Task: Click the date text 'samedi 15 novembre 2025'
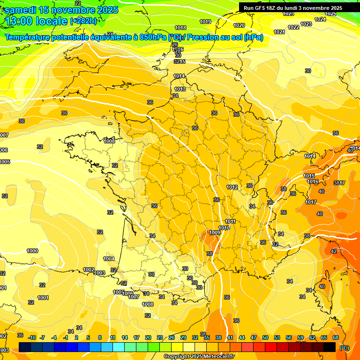pos(61,10)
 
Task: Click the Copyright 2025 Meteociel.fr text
pos(199,356)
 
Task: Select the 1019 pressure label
pos(205,22)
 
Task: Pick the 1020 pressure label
pos(239,25)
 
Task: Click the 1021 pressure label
pos(279,32)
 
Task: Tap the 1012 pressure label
pos(232,187)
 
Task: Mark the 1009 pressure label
pos(215,232)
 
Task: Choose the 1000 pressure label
pos(32,251)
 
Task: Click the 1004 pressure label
pos(109,259)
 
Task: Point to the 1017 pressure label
pos(311,202)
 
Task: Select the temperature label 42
pos(334,251)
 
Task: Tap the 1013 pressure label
pos(180,89)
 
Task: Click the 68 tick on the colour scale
pos(336,337)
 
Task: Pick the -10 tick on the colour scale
pos(32,337)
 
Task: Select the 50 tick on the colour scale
pos(265,337)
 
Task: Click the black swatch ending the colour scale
pos(330,347)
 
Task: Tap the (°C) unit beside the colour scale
pos(345,348)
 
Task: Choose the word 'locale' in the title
pos(51,21)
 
